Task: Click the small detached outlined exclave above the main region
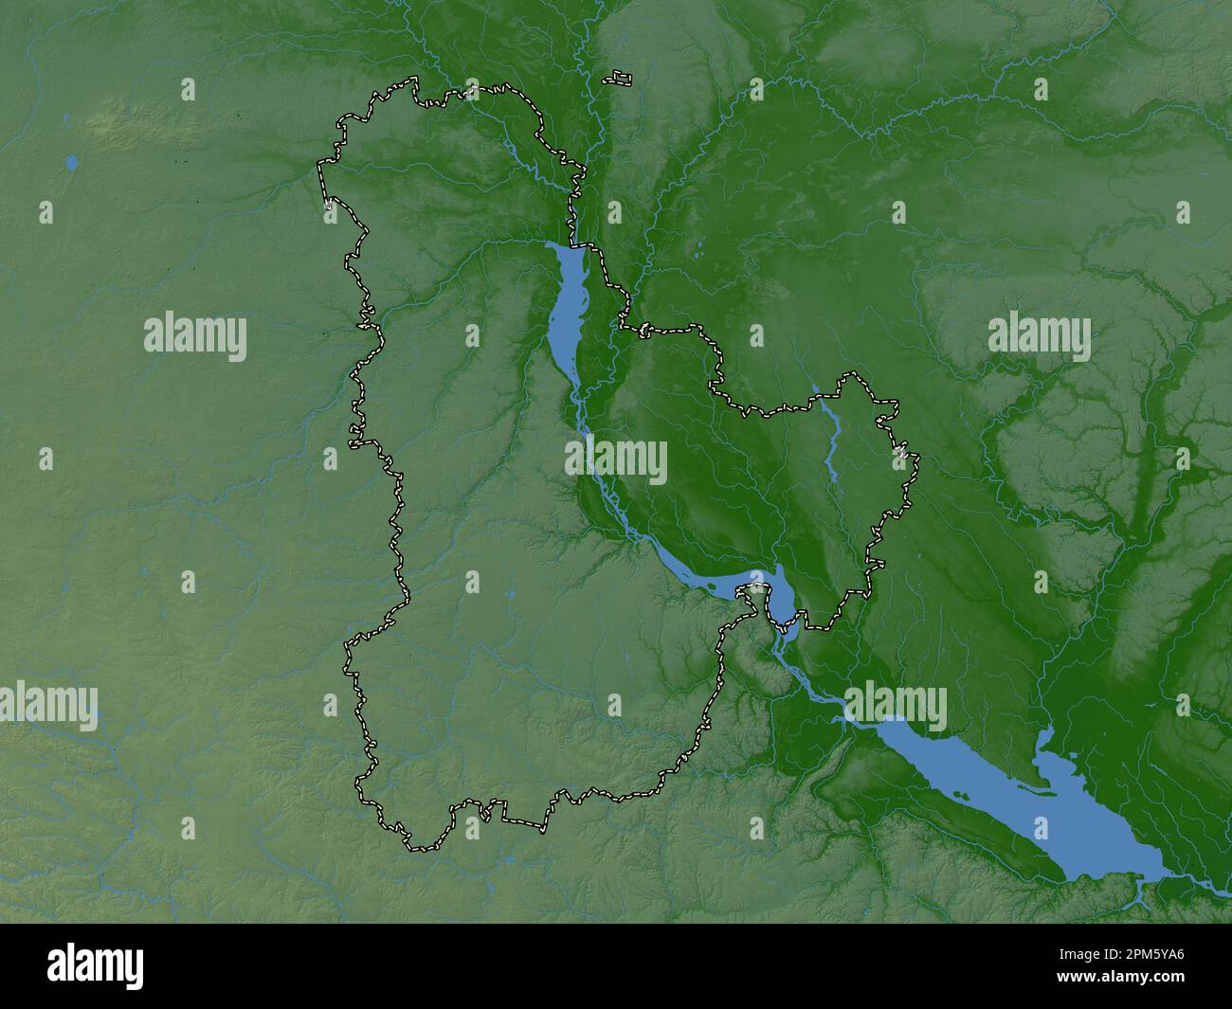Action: point(620,78)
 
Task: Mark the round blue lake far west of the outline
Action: point(71,163)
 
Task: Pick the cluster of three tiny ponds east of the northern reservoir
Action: point(698,252)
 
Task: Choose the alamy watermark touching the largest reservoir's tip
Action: point(895,706)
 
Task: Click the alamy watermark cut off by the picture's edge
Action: point(47,706)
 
